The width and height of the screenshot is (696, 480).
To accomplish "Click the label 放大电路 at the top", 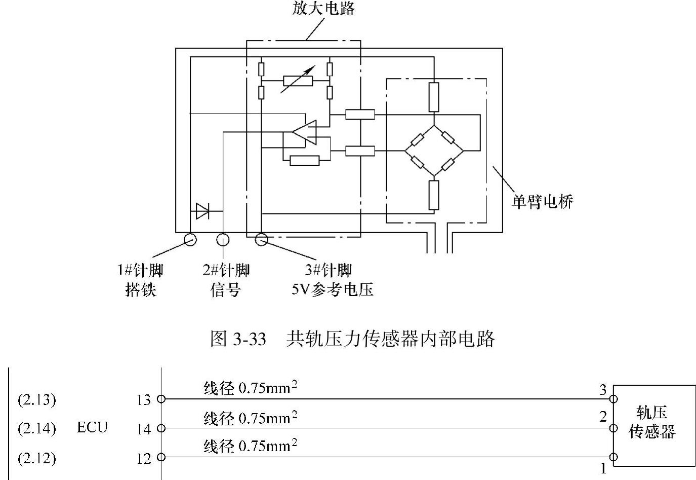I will [323, 9].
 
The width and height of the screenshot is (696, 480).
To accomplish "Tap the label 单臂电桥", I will [542, 202].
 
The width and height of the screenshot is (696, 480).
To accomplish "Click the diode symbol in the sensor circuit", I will [203, 211].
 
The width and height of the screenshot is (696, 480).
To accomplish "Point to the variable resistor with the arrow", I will [298, 80].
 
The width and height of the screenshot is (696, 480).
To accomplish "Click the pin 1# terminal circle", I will [190, 239].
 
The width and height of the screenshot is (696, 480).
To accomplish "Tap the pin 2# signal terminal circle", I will [223, 239].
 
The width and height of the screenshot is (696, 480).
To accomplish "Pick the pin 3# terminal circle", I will [261, 239].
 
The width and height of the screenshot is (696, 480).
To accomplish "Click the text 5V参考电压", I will [332, 290].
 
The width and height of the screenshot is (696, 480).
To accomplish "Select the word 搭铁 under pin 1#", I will [141, 290].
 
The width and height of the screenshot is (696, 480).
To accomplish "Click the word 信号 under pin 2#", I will [225, 290].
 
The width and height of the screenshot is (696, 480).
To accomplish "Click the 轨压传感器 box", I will [653, 425].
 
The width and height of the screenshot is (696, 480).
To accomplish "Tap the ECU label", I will [92, 427].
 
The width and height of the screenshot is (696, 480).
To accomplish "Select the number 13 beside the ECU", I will [144, 400].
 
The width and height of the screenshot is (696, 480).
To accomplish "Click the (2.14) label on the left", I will [36, 429].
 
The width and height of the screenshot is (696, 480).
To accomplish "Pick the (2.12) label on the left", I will [36, 458].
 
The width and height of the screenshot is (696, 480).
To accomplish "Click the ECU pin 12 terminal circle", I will [161, 457].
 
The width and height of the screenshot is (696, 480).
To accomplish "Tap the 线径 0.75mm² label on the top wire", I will [250, 388].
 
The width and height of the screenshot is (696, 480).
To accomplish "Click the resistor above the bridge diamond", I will [434, 97].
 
